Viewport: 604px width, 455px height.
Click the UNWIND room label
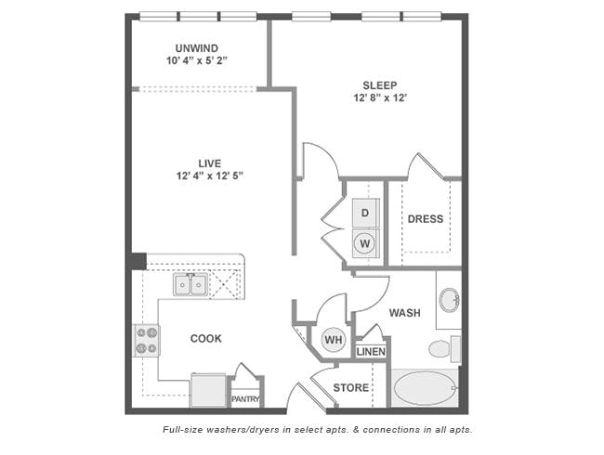[197, 48]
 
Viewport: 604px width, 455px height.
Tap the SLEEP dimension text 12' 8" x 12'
[380, 97]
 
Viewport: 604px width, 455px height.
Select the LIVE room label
[210, 163]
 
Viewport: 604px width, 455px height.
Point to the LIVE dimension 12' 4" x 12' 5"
[210, 175]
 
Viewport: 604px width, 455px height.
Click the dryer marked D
[365, 213]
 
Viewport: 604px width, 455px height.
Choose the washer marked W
[365, 243]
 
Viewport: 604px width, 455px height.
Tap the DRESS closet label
[426, 219]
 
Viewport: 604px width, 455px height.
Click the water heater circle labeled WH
[334, 340]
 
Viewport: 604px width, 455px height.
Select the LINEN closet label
[371, 351]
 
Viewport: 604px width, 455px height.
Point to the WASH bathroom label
[405, 313]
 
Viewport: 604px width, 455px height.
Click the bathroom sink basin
[450, 300]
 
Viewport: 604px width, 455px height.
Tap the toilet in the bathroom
[445, 349]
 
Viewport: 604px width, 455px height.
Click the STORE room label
[351, 387]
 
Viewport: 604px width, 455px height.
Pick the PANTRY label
[245, 399]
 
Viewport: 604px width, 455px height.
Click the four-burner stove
[147, 340]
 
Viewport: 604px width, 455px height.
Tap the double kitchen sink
[190, 285]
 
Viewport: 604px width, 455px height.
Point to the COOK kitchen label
[206, 338]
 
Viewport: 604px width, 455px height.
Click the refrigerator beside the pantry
[208, 390]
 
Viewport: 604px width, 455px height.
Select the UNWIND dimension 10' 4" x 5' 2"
[197, 60]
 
